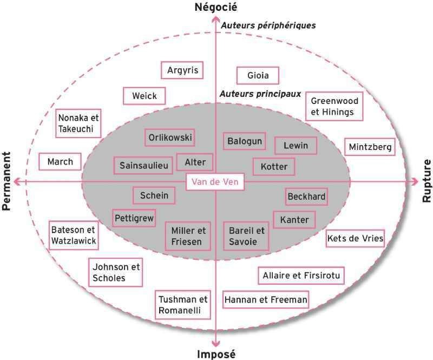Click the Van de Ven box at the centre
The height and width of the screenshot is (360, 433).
(215, 182)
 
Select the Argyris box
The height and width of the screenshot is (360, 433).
(182, 70)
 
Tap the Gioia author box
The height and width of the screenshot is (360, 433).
(258, 75)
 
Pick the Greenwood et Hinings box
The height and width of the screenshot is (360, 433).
(334, 106)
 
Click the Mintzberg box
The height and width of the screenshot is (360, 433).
(370, 147)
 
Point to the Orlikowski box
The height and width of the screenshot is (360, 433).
(170, 138)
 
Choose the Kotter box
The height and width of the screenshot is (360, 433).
(274, 167)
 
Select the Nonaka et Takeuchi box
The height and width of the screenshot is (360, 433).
(78, 123)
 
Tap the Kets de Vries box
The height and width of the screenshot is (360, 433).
(355, 238)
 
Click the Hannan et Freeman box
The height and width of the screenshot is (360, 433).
(266, 299)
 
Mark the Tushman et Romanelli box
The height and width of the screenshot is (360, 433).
(183, 305)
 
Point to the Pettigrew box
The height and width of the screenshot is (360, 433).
(134, 218)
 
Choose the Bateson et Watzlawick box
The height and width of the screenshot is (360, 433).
(74, 235)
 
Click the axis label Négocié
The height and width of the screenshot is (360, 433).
(215, 7)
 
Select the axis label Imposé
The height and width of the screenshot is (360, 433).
(216, 354)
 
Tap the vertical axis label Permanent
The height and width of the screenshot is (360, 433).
(6, 181)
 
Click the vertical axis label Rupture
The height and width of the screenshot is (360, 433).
(427, 181)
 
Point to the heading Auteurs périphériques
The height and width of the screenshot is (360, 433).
(268, 25)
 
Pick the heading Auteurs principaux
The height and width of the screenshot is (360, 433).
(260, 94)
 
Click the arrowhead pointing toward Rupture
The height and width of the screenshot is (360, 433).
(415, 182)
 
